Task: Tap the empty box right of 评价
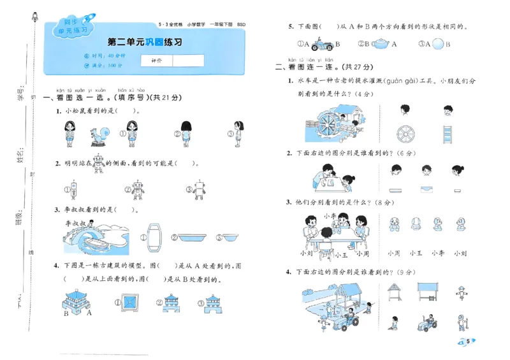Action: click(188, 61)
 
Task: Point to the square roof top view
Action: click(131, 301)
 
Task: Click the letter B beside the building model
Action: click(66, 313)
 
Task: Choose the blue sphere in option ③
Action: click(438, 44)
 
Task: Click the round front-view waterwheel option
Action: click(405, 134)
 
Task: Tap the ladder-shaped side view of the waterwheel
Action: click(448, 134)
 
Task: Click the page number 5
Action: click(469, 342)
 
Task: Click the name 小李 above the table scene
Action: click(330, 215)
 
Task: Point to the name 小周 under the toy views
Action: click(393, 254)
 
